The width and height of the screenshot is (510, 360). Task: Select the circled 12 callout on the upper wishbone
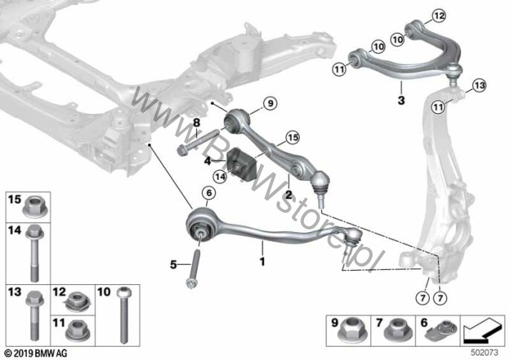[439, 16]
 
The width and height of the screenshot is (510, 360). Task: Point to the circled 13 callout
[478, 87]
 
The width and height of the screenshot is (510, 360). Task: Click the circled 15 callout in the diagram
[292, 138]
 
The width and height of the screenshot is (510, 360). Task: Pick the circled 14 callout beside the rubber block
[219, 176]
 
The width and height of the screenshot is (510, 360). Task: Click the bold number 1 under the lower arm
[261, 262]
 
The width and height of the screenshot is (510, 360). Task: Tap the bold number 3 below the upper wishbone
[400, 100]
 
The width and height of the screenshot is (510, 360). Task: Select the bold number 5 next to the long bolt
[173, 263]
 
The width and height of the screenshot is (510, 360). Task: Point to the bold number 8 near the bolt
[197, 121]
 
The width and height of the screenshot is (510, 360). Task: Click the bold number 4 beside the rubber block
[208, 160]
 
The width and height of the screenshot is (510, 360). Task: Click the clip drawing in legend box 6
[444, 329]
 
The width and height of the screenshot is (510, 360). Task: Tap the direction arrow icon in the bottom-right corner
[481, 327]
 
